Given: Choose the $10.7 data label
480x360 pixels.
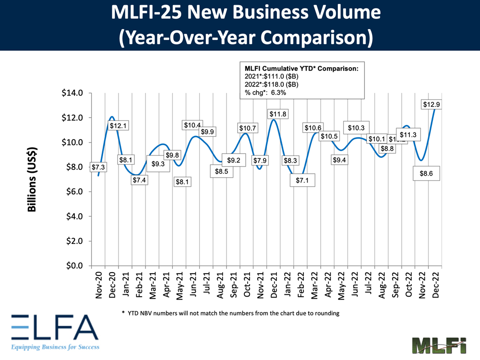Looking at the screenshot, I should [249, 128].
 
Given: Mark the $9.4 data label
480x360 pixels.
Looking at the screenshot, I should [341, 160].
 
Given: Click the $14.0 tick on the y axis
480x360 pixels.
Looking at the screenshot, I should [73, 93].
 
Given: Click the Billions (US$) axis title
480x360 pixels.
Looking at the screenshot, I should [32, 179].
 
